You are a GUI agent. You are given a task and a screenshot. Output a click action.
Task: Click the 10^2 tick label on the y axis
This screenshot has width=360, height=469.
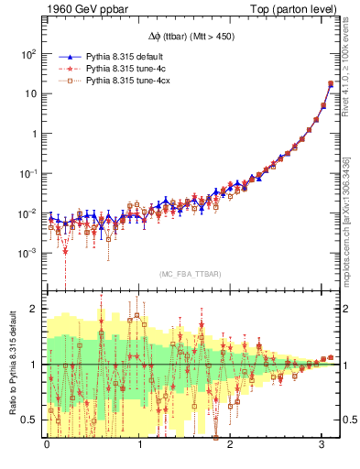click(28, 54)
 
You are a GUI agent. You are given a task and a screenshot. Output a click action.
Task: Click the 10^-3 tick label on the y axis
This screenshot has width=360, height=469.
click(27, 254)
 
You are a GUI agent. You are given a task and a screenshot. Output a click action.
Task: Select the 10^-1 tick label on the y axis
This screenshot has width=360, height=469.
click(27, 174)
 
